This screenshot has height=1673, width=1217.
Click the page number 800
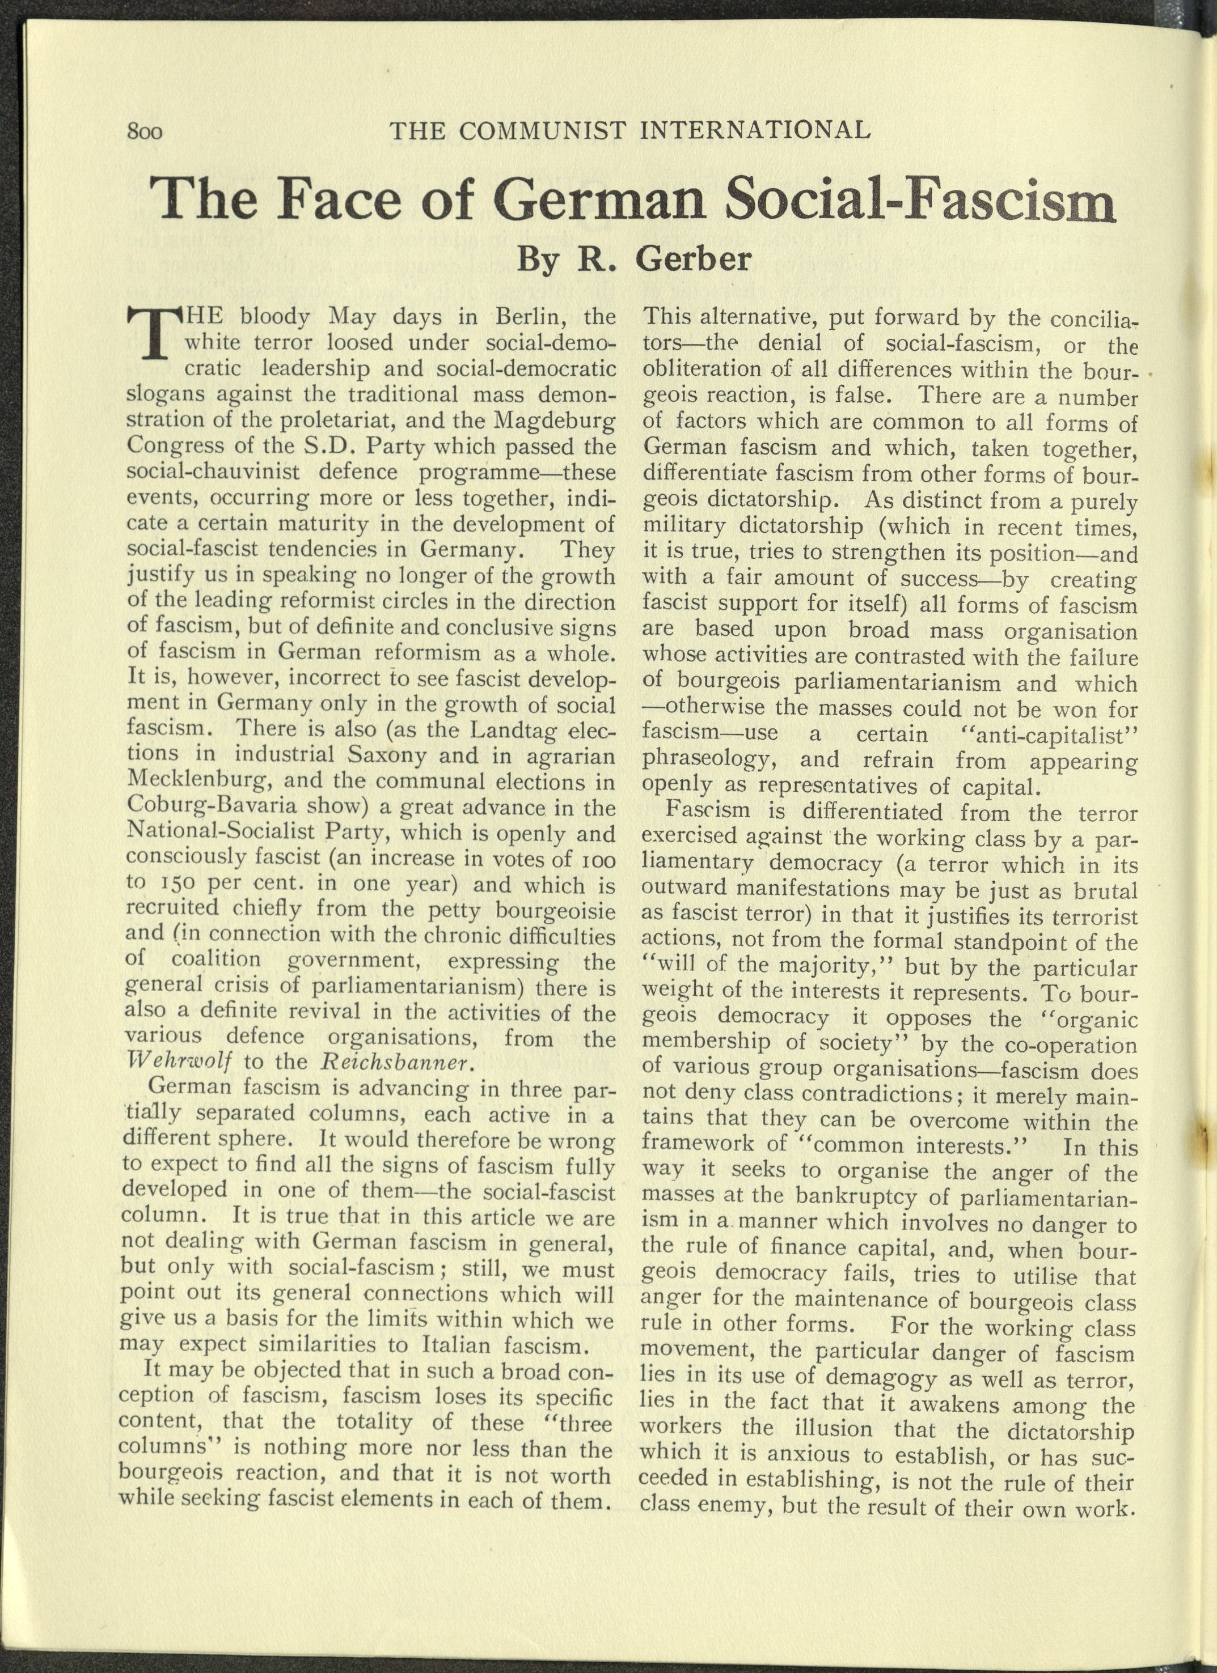pos(145,133)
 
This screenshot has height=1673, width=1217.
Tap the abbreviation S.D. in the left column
pos(328,447)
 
